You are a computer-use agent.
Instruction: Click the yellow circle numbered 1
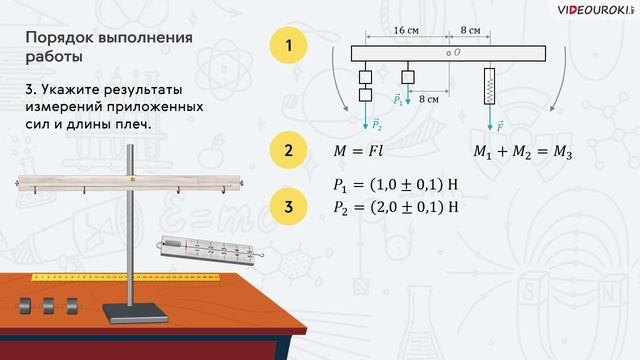288,46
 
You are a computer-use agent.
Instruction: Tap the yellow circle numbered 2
288,152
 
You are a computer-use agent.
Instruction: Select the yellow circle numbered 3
288,208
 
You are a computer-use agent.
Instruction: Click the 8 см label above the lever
468,31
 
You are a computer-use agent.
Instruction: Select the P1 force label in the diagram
399,100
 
